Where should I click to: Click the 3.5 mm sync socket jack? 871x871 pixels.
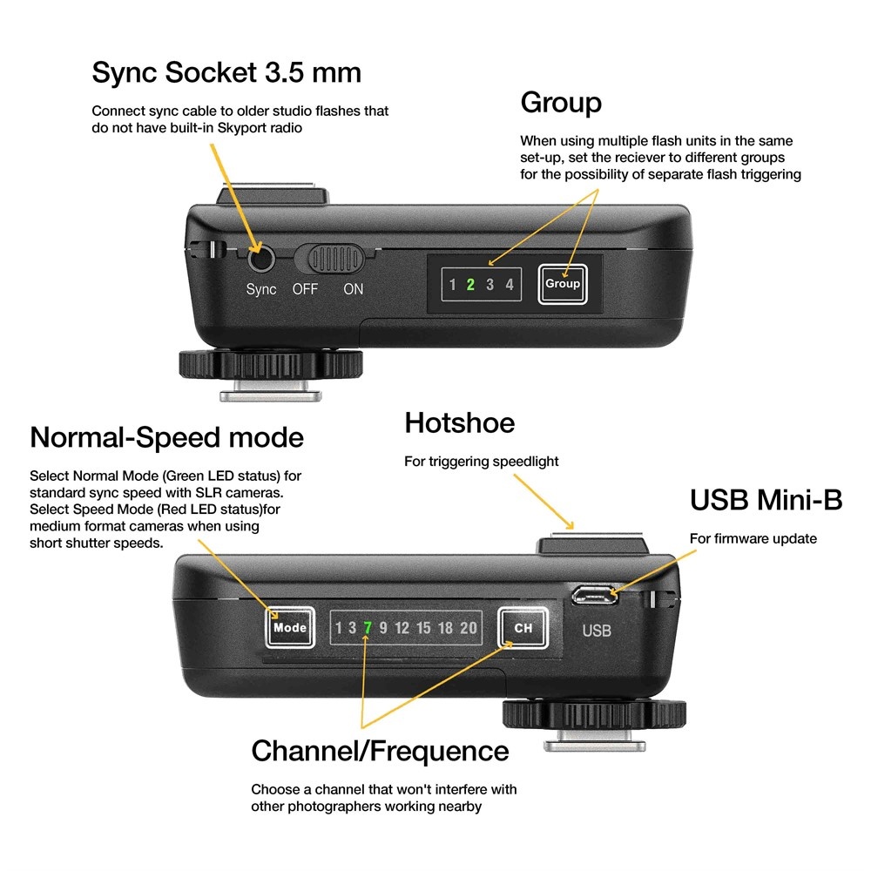(x=261, y=259)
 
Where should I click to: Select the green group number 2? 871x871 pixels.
(x=470, y=285)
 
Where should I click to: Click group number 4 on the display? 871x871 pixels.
(x=510, y=285)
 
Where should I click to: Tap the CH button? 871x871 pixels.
(x=523, y=628)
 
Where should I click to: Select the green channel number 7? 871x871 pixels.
(x=368, y=628)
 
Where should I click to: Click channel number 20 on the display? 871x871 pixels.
(x=469, y=628)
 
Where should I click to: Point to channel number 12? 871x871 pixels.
(x=402, y=628)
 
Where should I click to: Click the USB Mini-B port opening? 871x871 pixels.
(x=595, y=595)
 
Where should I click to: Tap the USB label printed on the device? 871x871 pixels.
(x=597, y=631)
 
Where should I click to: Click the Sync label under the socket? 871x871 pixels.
(x=261, y=289)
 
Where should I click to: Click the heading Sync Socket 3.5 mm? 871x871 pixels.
(x=226, y=72)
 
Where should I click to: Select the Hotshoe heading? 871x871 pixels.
(x=459, y=422)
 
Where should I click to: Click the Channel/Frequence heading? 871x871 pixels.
(x=380, y=751)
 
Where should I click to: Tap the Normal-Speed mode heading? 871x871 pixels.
(x=166, y=437)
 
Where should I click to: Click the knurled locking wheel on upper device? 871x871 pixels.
(x=271, y=364)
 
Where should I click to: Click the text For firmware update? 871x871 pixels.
(x=753, y=538)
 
